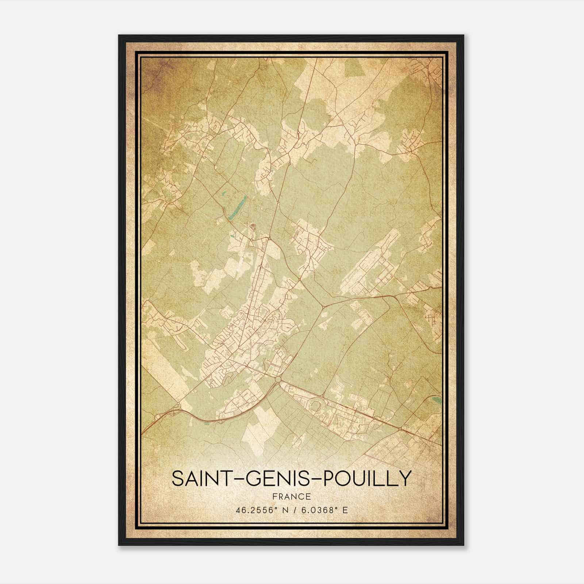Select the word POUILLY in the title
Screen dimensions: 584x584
click(366, 479)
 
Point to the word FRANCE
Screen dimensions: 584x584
click(291, 496)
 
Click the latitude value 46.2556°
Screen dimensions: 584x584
click(255, 510)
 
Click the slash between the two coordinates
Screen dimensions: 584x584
click(295, 510)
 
